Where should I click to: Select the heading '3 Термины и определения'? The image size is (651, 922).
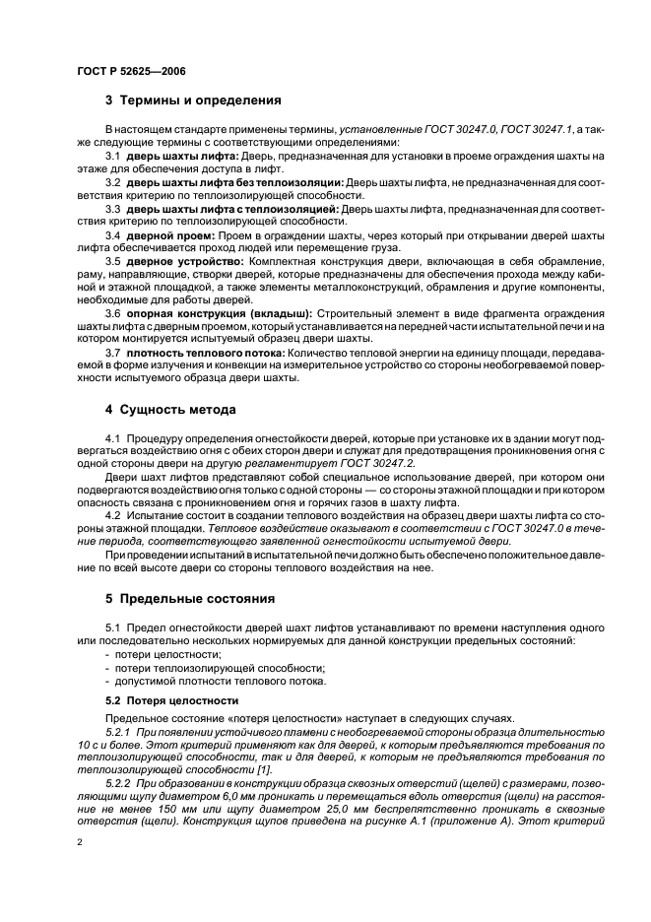[x=193, y=100]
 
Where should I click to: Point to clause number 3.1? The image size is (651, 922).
[x=112, y=157]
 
